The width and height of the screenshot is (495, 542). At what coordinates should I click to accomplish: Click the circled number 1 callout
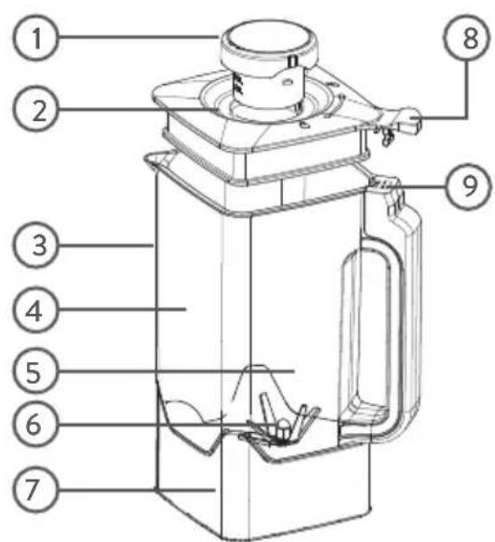pyautogui.click(x=35, y=37)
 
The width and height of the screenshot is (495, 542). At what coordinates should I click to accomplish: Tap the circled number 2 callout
pyautogui.click(x=35, y=109)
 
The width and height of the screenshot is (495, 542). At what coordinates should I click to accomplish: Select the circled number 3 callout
pyautogui.click(x=35, y=245)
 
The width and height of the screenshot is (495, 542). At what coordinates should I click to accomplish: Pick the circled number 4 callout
pyautogui.click(x=35, y=310)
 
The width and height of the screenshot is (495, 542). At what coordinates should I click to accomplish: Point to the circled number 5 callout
pyautogui.click(x=35, y=372)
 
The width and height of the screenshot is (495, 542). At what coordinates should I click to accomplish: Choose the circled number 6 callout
pyautogui.click(x=35, y=424)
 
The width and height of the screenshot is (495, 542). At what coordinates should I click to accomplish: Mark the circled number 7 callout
pyautogui.click(x=35, y=489)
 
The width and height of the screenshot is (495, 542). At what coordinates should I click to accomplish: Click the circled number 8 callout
pyautogui.click(x=467, y=37)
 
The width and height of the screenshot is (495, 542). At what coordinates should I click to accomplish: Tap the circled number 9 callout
pyautogui.click(x=468, y=186)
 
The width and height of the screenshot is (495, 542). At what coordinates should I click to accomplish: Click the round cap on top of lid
pyautogui.click(x=267, y=46)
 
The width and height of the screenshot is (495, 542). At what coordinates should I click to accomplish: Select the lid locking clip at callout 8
pyautogui.click(x=401, y=125)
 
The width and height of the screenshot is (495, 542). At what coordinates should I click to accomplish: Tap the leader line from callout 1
pyautogui.click(x=139, y=36)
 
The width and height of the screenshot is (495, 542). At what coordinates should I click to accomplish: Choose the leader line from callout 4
pyautogui.click(x=122, y=309)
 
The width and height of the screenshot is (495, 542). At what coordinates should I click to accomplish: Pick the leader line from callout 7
pyautogui.click(x=137, y=489)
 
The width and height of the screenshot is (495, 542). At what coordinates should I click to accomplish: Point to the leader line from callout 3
pyautogui.click(x=106, y=246)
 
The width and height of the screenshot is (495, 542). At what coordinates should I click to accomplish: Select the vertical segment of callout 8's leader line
pyautogui.click(x=467, y=89)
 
